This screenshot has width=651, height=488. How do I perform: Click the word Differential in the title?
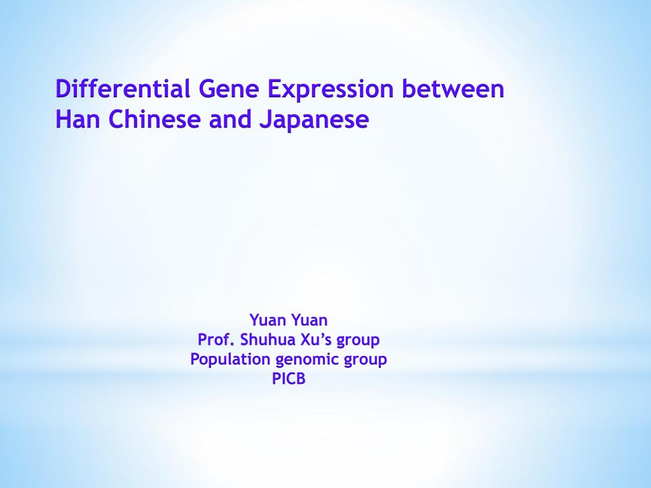click(123, 89)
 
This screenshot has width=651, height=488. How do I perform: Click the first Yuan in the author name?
click(268, 320)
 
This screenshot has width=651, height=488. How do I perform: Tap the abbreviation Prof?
click(216, 339)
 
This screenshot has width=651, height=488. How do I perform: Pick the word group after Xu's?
click(358, 341)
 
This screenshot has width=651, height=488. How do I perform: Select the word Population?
click(230, 360)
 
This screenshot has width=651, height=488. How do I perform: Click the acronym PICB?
click(289, 379)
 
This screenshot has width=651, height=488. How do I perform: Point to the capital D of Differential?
click(62, 89)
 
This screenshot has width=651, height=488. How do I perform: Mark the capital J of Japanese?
click(263, 119)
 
